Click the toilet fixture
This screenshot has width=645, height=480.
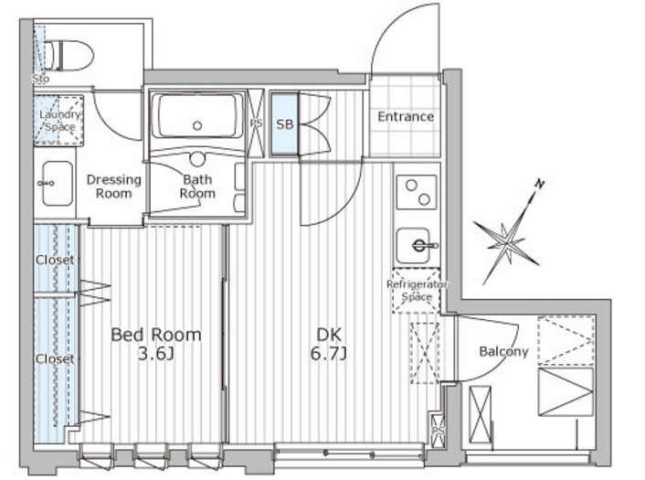pos(69,55)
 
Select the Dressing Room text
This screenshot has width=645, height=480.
pos(114,186)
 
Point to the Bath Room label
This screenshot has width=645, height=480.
pos(197,186)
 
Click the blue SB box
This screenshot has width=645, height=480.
pos(284,123)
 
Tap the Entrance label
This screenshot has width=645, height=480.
pos(406,116)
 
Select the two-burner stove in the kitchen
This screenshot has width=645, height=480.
pos(416,193)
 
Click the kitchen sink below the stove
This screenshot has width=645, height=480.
pos(417,244)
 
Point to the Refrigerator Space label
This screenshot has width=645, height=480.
pos(417,291)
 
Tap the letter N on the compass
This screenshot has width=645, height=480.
pos(540,185)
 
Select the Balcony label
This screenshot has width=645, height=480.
pos(503,351)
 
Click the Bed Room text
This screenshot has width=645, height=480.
pos(155,334)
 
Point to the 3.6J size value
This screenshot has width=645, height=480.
pos(154,355)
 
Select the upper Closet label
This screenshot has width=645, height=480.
pos(54,260)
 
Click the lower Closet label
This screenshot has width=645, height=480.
pos(54,358)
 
